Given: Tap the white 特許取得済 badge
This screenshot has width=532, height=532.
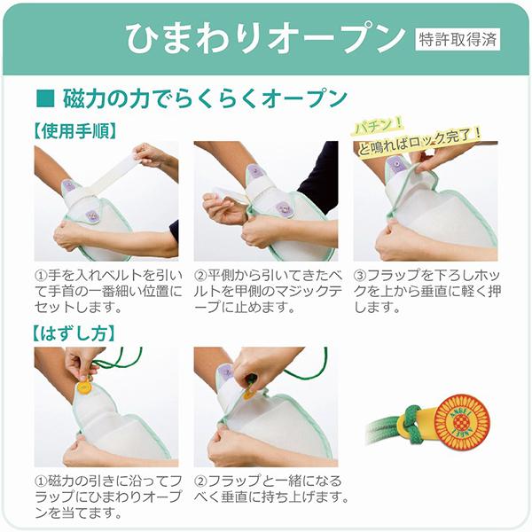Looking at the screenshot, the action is [458, 39].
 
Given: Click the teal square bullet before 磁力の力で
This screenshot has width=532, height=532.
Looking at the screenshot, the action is [45, 98].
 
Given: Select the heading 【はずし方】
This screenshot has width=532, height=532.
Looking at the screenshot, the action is [74, 333].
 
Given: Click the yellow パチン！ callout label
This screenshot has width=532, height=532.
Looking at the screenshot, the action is [379, 125].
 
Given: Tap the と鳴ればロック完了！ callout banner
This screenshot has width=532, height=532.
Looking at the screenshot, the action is [419, 143].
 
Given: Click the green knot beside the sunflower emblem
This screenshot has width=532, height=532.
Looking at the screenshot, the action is [411, 424].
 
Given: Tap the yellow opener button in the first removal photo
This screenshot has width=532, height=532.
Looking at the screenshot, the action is [84, 387].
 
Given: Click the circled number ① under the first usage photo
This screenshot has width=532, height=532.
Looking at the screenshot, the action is [41, 275].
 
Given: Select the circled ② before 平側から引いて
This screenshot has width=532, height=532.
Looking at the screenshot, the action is [200, 275].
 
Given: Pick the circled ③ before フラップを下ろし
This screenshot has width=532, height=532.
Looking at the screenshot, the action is [359, 275].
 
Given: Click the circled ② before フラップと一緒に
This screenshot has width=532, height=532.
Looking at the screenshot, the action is [200, 481].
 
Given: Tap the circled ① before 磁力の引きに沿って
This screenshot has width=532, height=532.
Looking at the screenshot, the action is [41, 481].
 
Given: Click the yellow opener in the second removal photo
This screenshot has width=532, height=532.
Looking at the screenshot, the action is [249, 394].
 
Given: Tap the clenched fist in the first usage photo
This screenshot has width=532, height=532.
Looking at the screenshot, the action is [69, 235].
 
